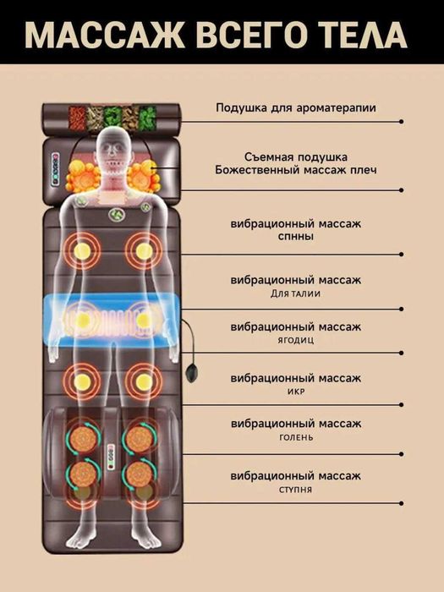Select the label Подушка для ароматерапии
[296, 108]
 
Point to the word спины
[296, 237]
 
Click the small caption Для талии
[296, 293]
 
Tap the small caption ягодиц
[296, 340]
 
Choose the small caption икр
[296, 392]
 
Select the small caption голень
[296, 437]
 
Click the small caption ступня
[296, 490]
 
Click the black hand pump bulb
[192, 374]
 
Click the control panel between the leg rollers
[111, 457]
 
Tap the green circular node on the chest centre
[118, 216]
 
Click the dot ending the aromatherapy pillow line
[401, 122]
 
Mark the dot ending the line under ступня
[401, 503]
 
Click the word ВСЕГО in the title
[248, 36]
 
